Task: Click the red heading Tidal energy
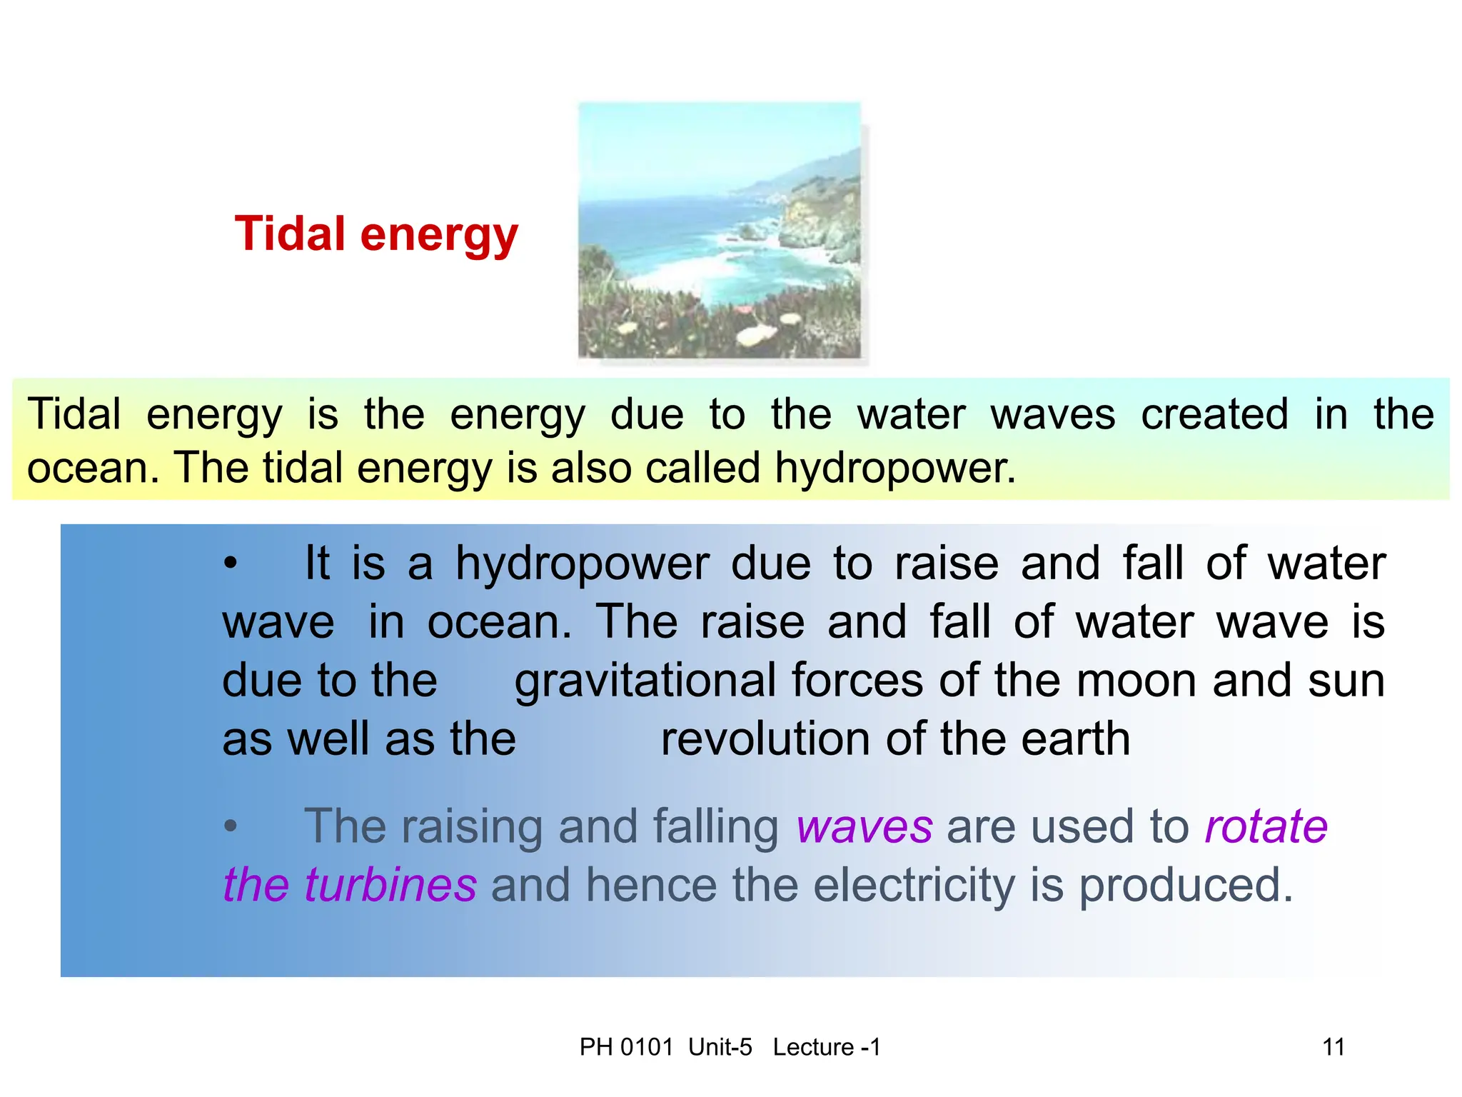[x=376, y=235]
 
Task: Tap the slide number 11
[x=1334, y=1047]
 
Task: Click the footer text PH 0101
[x=626, y=1047]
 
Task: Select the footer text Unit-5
[x=720, y=1047]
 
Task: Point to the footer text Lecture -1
[x=827, y=1047]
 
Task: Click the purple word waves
[x=864, y=826]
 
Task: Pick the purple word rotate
[x=1266, y=826]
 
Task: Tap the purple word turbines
[x=390, y=885]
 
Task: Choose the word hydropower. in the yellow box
[x=895, y=469]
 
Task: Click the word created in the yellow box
[x=1214, y=414]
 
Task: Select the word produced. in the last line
[x=1185, y=885]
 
